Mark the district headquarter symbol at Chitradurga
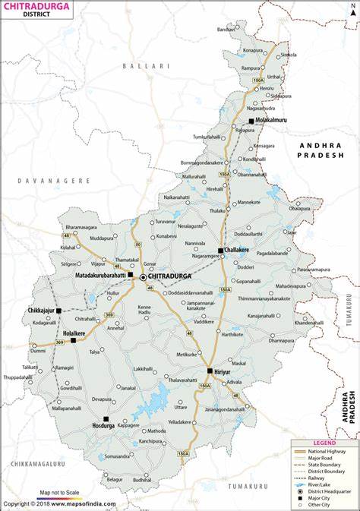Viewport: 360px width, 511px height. click(x=143, y=278)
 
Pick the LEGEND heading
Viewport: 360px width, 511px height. click(x=324, y=443)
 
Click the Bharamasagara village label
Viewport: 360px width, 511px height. click(x=82, y=227)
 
